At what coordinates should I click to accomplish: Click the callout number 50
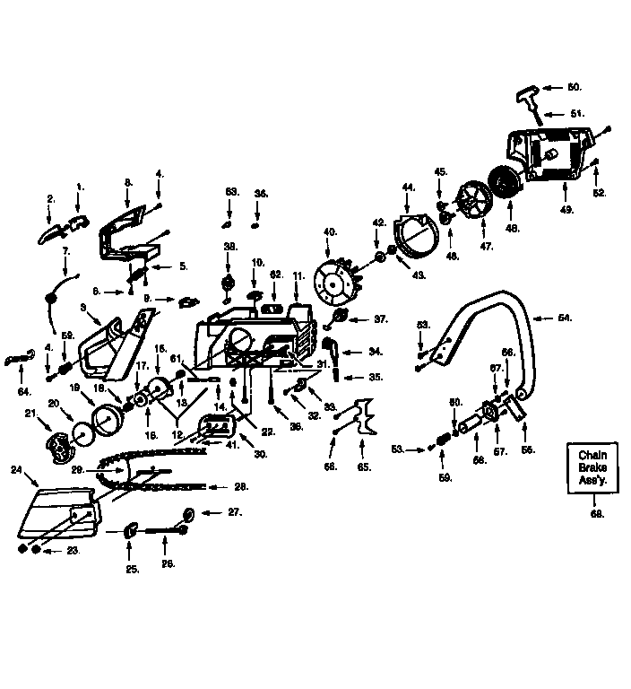tap(574, 87)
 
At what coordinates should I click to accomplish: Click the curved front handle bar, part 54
tap(484, 314)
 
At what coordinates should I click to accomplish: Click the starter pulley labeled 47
tap(472, 197)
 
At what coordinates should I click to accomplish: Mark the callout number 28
tap(239, 487)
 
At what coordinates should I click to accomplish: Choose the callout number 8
tap(128, 182)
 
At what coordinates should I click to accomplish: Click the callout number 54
tap(563, 318)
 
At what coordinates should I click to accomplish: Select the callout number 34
tap(375, 351)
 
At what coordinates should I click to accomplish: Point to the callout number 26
tap(168, 563)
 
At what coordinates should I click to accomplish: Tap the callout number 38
tap(229, 245)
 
